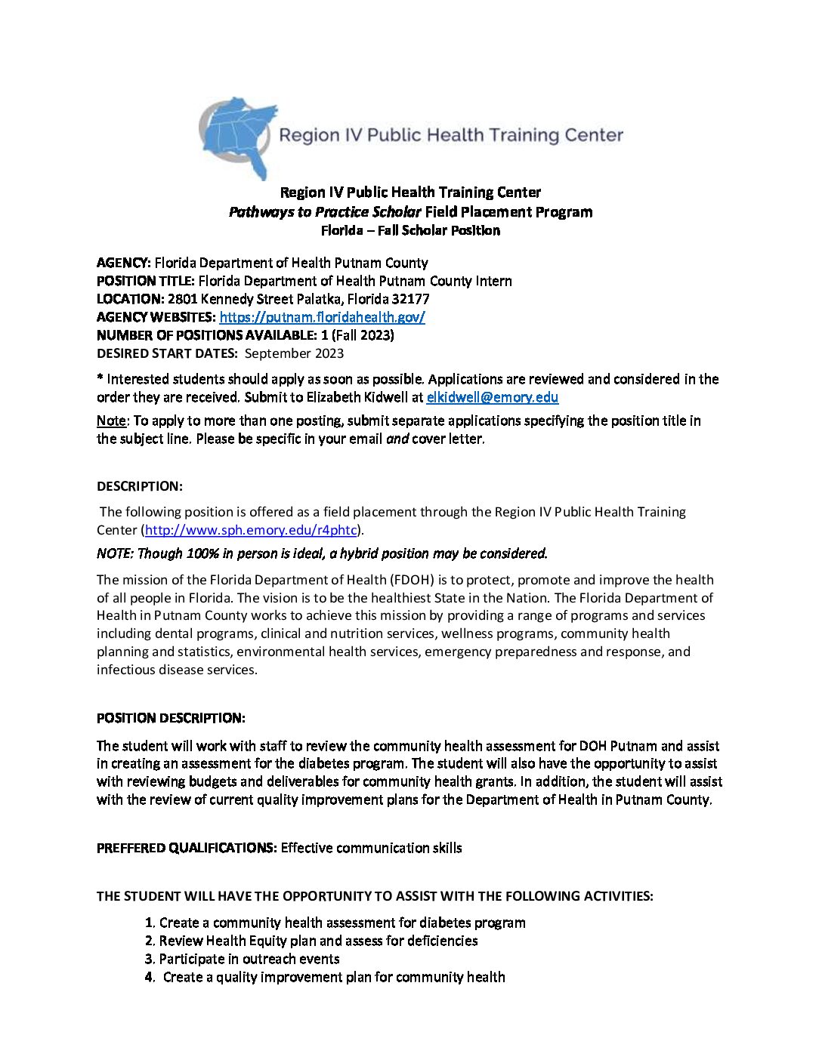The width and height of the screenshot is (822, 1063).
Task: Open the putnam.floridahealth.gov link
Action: pos(322,317)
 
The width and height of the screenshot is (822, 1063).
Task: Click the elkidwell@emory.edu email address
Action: pos(492,397)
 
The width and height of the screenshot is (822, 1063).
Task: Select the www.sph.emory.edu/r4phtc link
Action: pos(251,530)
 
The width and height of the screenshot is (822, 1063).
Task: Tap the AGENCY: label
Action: pos(124,263)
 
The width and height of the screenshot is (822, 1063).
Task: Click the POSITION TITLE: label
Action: pos(146,281)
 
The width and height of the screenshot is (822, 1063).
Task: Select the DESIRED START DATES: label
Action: pos(167,353)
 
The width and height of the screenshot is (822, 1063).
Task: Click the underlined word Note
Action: pos(111,421)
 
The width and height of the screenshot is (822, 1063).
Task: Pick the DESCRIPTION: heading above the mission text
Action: pos(140,486)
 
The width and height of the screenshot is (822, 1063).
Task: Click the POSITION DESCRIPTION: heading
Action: pos(171,718)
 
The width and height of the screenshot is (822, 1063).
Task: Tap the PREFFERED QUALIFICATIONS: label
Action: pos(187,848)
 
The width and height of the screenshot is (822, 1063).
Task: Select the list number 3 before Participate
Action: pos(149,959)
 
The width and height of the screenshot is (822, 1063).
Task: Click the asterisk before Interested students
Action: pos(100,379)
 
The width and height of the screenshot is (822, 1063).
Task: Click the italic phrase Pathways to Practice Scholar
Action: pos(325,212)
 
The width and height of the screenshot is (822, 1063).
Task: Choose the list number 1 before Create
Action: pos(150,923)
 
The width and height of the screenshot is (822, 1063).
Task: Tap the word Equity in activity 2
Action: pos(250,941)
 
